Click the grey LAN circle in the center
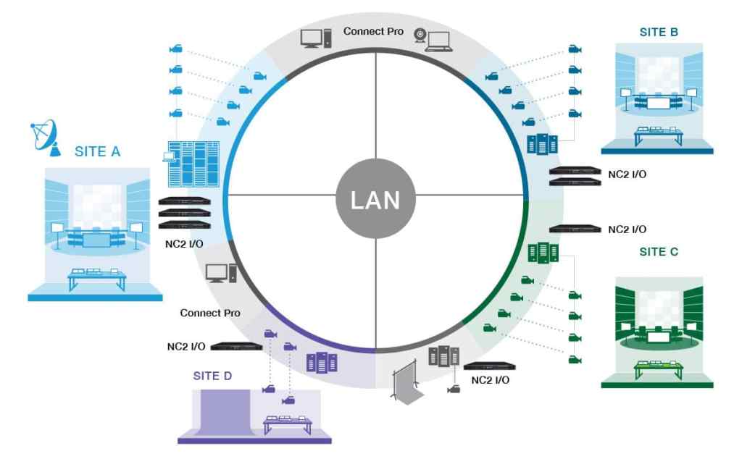[375, 200]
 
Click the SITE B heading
[659, 32]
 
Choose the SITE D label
[216, 376]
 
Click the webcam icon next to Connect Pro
[420, 34]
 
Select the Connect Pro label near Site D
[210, 313]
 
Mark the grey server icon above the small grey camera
[445, 356]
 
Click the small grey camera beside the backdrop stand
[454, 389]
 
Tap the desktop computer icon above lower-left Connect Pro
[220, 273]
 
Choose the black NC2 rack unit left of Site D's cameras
[236, 347]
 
